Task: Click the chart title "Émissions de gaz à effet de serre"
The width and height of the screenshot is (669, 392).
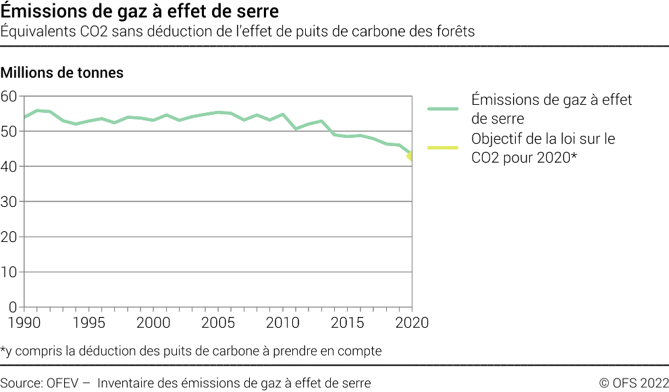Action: [x=140, y=11]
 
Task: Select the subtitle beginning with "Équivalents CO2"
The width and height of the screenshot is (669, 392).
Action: [x=238, y=31]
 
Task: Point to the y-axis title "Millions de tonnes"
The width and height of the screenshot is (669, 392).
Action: [x=62, y=72]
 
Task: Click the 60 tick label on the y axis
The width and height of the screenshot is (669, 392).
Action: [x=9, y=97]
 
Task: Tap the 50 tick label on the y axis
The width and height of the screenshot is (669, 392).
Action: [x=9, y=132]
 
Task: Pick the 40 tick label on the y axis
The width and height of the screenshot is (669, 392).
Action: [x=9, y=167]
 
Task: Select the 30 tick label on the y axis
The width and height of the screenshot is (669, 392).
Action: [x=9, y=202]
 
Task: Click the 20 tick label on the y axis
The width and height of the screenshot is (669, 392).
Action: [x=9, y=237]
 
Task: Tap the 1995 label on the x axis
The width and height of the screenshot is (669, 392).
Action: [x=88, y=323]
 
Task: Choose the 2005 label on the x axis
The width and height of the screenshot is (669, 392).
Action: [x=218, y=323]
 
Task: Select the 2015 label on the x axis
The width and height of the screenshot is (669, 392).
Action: [x=347, y=323]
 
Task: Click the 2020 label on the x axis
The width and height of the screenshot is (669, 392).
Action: [x=411, y=323]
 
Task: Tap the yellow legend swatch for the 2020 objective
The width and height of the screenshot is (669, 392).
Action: [x=442, y=147]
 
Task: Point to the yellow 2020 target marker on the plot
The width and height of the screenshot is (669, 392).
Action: [x=410, y=157]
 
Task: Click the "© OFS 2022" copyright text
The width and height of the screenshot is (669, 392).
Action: [x=634, y=383]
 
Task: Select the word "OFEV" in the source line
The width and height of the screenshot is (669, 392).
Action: [x=64, y=383]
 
